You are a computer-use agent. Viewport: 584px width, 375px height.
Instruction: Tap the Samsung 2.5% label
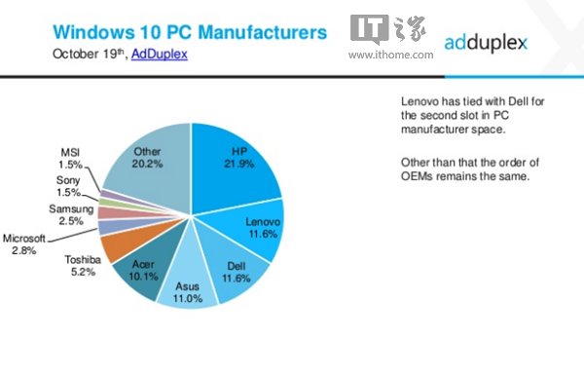(71, 215)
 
